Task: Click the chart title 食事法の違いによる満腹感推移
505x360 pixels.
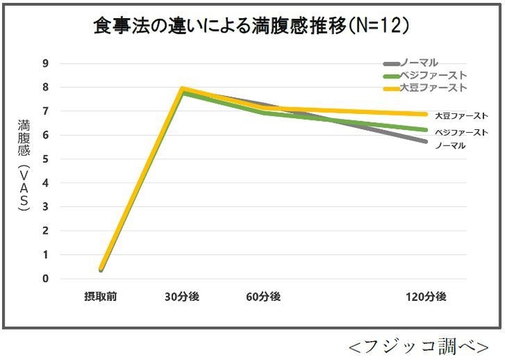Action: click(x=252, y=27)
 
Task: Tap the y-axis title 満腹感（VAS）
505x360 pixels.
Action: click(x=23, y=167)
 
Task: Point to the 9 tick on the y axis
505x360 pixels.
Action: click(x=45, y=63)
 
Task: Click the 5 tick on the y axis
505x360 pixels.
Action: click(x=45, y=159)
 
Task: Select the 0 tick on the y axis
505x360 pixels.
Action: click(x=45, y=278)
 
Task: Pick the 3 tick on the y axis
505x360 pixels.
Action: click(x=45, y=207)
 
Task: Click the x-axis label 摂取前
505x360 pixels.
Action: click(x=100, y=297)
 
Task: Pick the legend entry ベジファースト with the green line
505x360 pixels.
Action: click(x=425, y=75)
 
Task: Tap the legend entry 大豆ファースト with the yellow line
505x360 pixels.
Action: click(x=425, y=87)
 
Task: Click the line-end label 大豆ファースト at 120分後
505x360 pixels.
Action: click(x=461, y=115)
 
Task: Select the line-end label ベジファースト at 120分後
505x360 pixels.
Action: click(x=461, y=132)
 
